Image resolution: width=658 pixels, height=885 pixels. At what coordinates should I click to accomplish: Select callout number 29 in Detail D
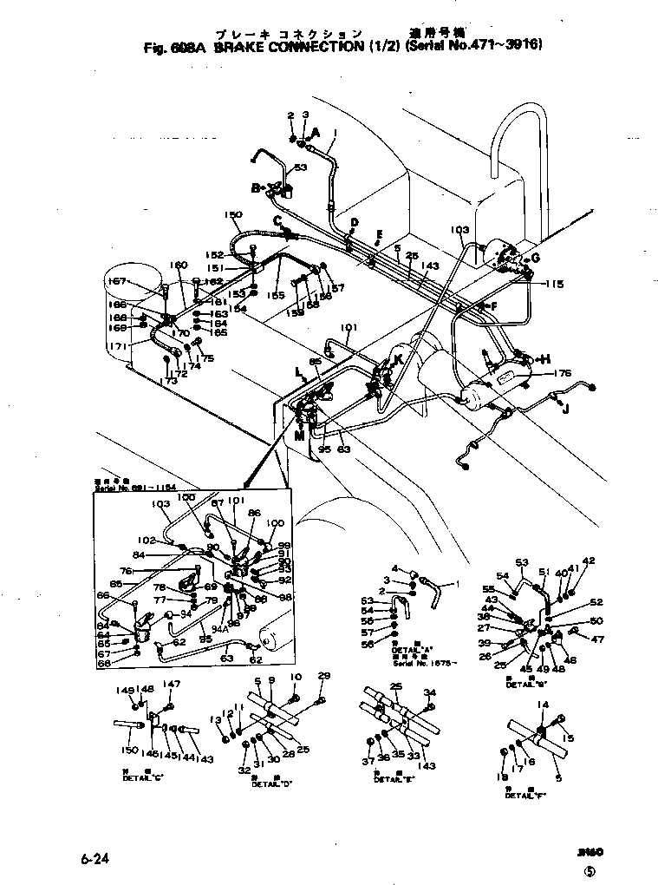point(324,676)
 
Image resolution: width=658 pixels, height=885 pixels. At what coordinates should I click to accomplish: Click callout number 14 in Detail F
point(543,705)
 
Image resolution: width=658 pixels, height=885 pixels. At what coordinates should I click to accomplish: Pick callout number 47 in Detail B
point(597,639)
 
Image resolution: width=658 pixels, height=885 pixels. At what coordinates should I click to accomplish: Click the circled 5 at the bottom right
point(590,870)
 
